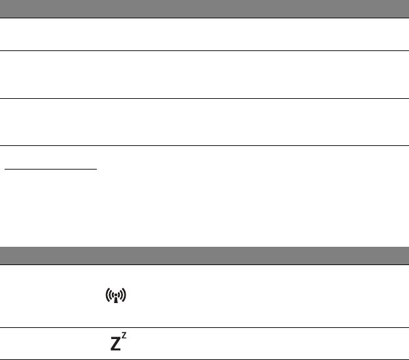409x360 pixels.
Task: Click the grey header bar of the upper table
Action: pyautogui.click(x=204, y=9)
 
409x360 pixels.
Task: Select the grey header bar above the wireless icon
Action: pyautogui.click(x=204, y=255)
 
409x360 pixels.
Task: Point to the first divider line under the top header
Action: pyautogui.click(x=204, y=50)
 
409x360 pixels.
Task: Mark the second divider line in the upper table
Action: pyautogui.click(x=204, y=99)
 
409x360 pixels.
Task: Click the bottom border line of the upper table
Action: pyautogui.click(x=204, y=145)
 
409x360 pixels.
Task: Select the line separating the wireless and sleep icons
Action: pyautogui.click(x=204, y=327)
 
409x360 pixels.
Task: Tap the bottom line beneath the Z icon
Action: pyautogui.click(x=204, y=358)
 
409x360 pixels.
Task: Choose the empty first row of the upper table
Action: pyautogui.click(x=204, y=34)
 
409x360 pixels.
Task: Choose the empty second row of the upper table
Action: pyautogui.click(x=204, y=75)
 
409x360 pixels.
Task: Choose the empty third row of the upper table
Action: pyautogui.click(x=204, y=122)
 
